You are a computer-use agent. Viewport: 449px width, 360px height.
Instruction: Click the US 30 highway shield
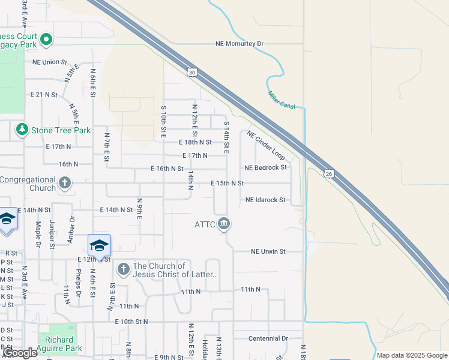(191, 72)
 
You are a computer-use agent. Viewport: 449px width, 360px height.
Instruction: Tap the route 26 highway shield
(328, 174)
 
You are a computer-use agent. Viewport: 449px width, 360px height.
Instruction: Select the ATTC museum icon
(224, 224)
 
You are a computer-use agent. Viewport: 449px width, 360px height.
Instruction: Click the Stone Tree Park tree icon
(22, 130)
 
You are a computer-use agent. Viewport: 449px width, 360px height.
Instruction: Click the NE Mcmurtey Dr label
(240, 44)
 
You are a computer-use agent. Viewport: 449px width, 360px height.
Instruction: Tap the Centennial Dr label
(268, 338)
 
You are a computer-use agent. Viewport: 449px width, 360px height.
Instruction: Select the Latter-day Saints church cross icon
(123, 268)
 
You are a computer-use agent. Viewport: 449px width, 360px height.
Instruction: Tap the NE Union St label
(50, 62)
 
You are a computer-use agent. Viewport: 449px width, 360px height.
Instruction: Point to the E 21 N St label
(44, 95)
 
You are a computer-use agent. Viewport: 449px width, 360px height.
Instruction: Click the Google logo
(19, 353)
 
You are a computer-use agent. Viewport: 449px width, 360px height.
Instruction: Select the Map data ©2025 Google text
(412, 355)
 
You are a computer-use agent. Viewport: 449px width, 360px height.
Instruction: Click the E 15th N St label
(227, 183)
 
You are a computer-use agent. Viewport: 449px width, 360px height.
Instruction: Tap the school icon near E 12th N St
(99, 245)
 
